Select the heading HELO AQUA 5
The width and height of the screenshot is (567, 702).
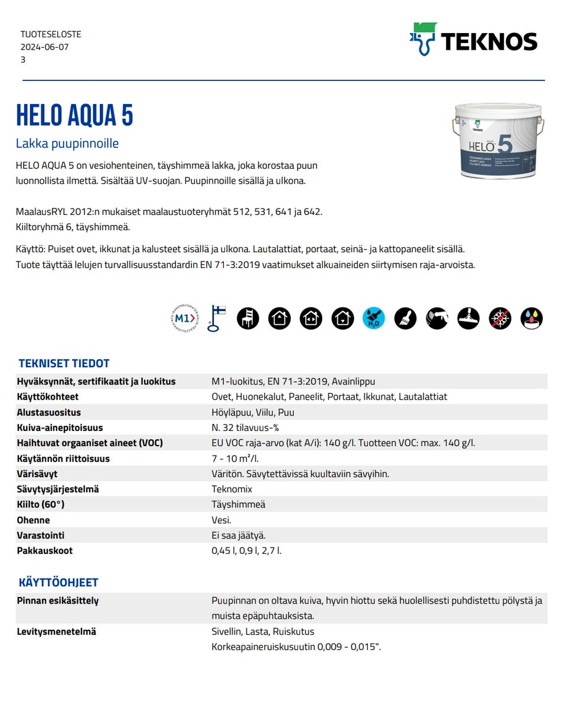coord(75,115)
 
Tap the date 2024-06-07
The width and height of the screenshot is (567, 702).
coord(44,47)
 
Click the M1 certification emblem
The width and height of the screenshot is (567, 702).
coord(184,318)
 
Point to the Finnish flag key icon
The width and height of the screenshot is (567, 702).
coord(216,318)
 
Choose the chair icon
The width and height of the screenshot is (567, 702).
coord(248,318)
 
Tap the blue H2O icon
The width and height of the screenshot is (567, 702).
coord(373,318)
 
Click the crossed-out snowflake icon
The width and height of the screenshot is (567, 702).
coord(500,318)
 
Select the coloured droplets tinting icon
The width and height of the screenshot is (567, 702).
coord(532,318)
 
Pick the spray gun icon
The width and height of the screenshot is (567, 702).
coord(437,318)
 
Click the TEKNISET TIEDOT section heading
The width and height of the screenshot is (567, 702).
coord(64,363)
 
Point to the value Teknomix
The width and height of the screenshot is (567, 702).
coord(232,489)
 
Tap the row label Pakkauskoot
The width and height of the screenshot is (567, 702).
coord(45,550)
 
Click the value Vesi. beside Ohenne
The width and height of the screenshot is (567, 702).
coord(221,520)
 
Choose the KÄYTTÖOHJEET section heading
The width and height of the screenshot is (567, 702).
coord(58,582)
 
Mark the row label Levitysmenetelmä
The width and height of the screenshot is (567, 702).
coord(56,631)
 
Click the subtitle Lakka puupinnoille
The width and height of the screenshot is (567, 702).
coord(67,143)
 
